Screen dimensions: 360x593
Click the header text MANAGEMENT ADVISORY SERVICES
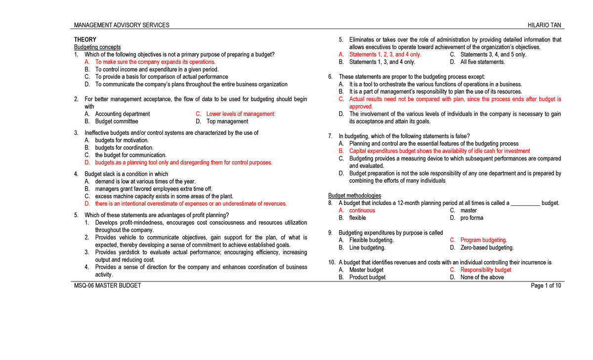pyautogui.click(x=122, y=25)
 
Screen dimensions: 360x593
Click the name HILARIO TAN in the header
pyautogui.click(x=544, y=25)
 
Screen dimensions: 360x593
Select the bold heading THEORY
pyautogui.click(x=85, y=40)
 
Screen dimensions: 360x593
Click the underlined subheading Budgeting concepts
pyautogui.click(x=97, y=47)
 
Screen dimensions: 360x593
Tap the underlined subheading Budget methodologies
pyautogui.click(x=354, y=196)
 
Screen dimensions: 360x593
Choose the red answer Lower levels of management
pyautogui.click(x=240, y=114)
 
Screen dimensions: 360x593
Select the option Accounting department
pyautogui.click(x=123, y=114)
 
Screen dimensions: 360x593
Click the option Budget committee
pyautogui.click(x=117, y=121)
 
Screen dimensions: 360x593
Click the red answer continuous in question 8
pyautogui.click(x=362, y=210)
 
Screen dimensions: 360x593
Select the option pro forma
pyautogui.click(x=472, y=218)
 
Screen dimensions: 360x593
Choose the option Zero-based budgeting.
pyautogui.click(x=487, y=247)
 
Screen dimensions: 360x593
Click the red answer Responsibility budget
pyautogui.click(x=486, y=270)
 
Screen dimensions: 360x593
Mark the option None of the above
pyautogui.click(x=482, y=277)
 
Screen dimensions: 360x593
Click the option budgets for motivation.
pyautogui.click(x=122, y=140)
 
